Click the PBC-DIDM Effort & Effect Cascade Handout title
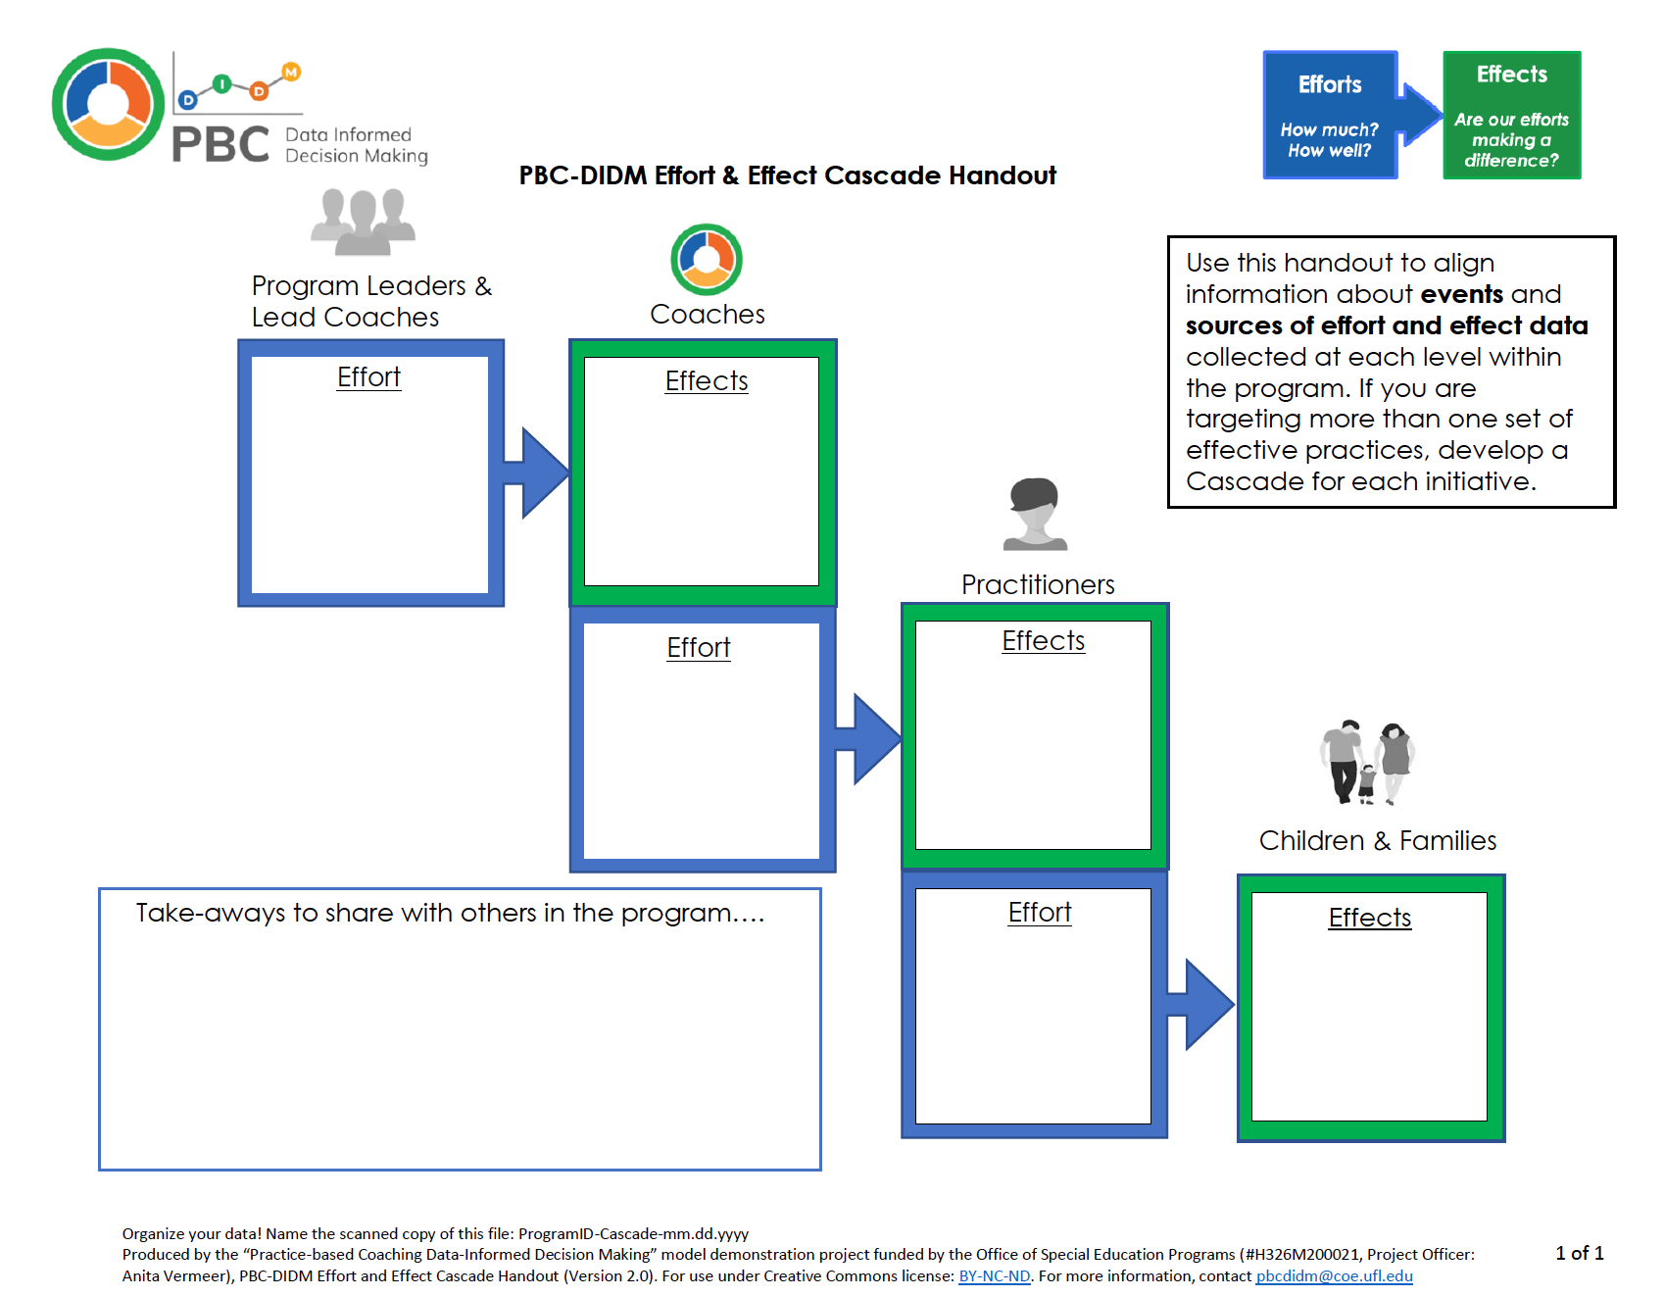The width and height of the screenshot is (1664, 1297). click(x=787, y=175)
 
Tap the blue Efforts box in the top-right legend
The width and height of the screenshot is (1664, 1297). click(x=1330, y=115)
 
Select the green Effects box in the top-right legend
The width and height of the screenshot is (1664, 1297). click(x=1511, y=115)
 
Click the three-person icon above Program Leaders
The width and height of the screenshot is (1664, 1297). click(x=363, y=221)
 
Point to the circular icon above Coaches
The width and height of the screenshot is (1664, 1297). click(x=707, y=259)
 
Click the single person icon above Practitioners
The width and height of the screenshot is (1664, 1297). click(x=1036, y=513)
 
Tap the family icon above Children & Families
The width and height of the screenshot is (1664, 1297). click(x=1367, y=762)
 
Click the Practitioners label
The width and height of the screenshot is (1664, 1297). click(x=1038, y=585)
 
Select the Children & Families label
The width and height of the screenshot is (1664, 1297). click(x=1377, y=841)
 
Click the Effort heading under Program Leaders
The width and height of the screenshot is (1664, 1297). click(x=368, y=377)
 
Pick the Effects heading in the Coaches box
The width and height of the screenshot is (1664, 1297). click(x=706, y=381)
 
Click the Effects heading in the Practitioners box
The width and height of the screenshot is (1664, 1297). click(x=1043, y=641)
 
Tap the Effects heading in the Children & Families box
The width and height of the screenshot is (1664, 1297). click(x=1369, y=919)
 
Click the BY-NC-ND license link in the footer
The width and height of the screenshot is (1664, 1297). click(x=994, y=1276)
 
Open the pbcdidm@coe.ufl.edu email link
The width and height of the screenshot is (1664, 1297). click(x=1334, y=1276)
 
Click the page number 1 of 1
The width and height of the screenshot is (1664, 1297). click(x=1579, y=1254)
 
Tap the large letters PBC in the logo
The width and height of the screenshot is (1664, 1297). click(x=220, y=145)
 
